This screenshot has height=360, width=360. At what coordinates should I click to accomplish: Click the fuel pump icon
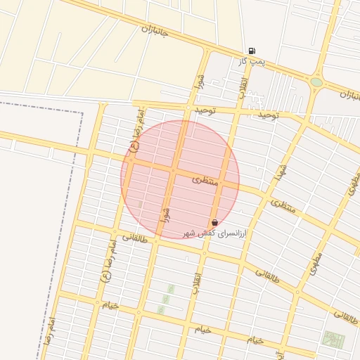(x=252, y=51)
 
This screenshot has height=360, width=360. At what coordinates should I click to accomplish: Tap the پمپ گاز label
(x=252, y=62)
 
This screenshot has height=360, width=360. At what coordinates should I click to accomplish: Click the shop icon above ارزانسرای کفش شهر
(x=214, y=222)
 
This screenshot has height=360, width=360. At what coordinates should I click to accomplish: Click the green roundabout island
(x=316, y=82)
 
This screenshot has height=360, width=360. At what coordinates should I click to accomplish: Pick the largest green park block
(x=333, y=340)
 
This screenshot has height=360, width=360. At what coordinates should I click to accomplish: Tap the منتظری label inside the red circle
(x=205, y=180)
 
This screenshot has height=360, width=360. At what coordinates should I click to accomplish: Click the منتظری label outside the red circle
(x=285, y=207)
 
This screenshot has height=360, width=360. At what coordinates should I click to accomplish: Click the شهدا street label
(x=282, y=170)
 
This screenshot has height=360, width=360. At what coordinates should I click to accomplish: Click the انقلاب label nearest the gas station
(x=243, y=89)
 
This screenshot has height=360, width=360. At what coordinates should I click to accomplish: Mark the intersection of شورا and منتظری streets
(x=173, y=169)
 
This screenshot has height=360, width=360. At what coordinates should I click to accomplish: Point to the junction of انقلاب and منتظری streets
(x=224, y=181)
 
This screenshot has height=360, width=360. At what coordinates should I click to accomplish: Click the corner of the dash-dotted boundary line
(x=82, y=112)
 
